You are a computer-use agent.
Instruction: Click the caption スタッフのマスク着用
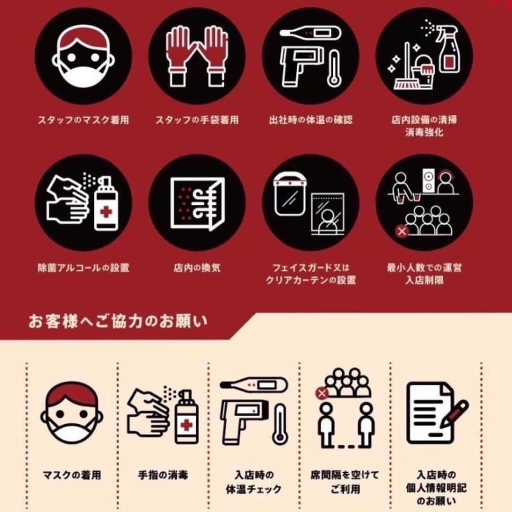click(x=83, y=120)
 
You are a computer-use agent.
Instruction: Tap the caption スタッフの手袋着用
click(x=197, y=120)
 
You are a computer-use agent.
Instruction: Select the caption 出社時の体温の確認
click(x=311, y=120)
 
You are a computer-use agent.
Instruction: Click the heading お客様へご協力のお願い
click(x=118, y=321)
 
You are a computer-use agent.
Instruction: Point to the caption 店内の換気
click(x=197, y=268)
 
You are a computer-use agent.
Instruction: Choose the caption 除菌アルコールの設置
click(x=83, y=268)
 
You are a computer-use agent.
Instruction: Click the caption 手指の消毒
click(x=163, y=475)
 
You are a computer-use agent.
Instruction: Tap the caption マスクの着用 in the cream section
click(x=72, y=475)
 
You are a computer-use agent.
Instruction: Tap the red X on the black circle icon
click(x=402, y=231)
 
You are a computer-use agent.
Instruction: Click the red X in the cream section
click(x=322, y=393)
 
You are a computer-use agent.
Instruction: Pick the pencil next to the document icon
click(x=454, y=414)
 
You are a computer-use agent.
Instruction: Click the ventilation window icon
click(x=197, y=203)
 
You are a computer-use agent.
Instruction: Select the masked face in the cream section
click(x=72, y=413)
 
